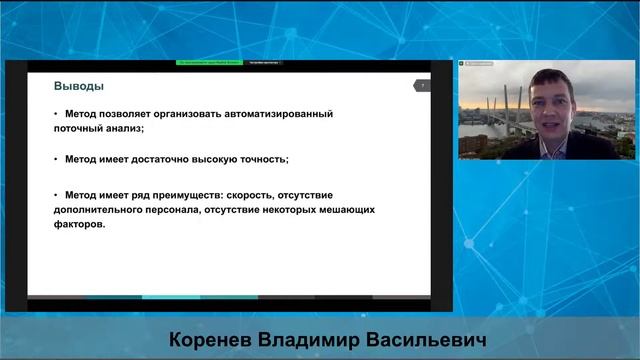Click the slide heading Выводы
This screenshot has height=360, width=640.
click(x=79, y=86)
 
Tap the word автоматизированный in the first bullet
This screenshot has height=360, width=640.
click(x=273, y=114)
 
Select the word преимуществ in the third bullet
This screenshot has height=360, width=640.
click(x=202, y=196)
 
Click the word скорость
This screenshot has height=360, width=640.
click(x=267, y=196)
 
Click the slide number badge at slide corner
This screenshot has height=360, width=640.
click(x=421, y=86)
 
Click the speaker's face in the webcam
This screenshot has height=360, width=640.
click(x=550, y=100)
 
